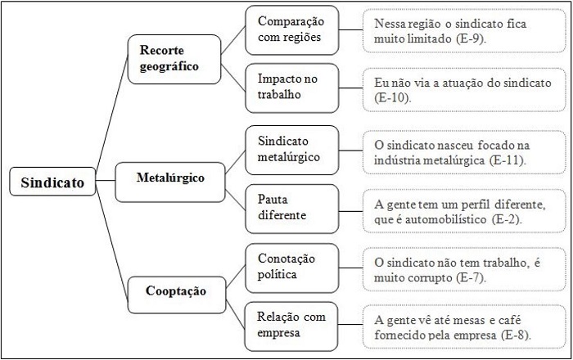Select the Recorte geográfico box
(x=174, y=58)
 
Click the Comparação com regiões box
(x=292, y=29)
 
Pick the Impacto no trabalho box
(x=292, y=87)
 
